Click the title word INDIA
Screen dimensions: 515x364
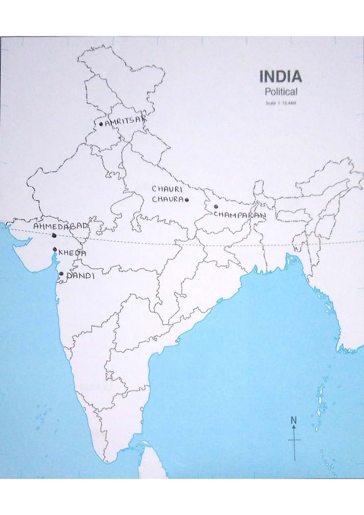point(281,76)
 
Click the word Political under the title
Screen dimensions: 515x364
point(281,91)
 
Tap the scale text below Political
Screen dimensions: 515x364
point(281,103)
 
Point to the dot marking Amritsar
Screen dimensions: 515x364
point(101,123)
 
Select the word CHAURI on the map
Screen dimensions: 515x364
point(167,188)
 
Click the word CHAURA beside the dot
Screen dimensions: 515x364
point(167,200)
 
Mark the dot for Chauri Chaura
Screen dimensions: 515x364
point(187,200)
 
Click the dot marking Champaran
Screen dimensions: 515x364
point(216,206)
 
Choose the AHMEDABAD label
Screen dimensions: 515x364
point(60,226)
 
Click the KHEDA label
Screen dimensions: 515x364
point(72,253)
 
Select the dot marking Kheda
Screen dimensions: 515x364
point(55,249)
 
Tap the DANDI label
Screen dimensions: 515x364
point(80,275)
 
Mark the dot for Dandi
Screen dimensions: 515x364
point(61,274)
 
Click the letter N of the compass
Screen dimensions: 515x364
point(294,420)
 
